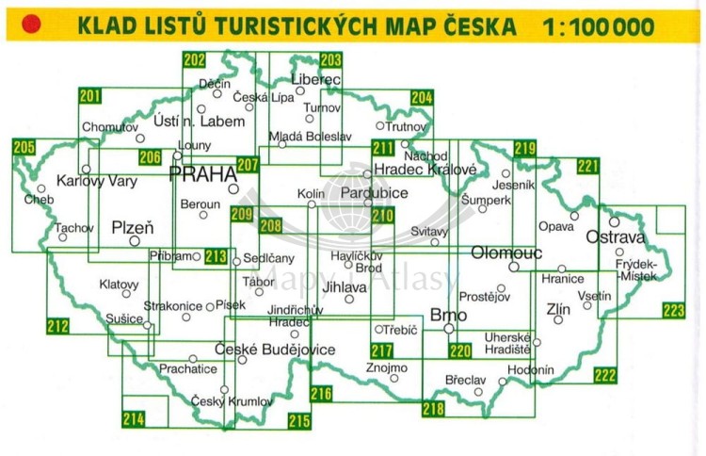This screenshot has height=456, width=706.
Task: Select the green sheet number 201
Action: (90, 95)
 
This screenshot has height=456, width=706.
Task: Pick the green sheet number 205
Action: (24, 147)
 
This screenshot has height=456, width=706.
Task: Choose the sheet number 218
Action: (433, 409)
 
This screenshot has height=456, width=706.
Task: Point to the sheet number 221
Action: (588, 167)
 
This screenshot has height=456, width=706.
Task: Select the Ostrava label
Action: (616, 237)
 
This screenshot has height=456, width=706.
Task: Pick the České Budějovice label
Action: (275, 350)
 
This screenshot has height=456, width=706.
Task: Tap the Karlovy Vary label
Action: (92, 181)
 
